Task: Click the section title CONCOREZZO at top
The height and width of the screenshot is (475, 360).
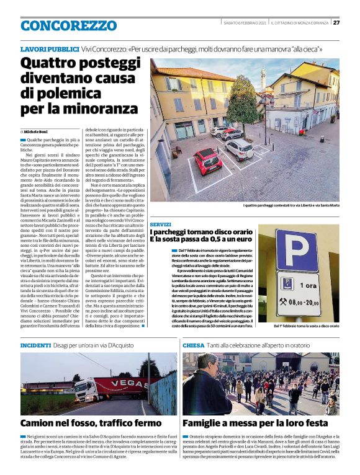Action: [68, 26]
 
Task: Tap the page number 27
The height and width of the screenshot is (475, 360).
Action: [336, 22]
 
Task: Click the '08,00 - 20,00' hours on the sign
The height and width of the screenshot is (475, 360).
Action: [308, 303]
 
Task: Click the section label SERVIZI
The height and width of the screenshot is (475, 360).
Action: [160, 224]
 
